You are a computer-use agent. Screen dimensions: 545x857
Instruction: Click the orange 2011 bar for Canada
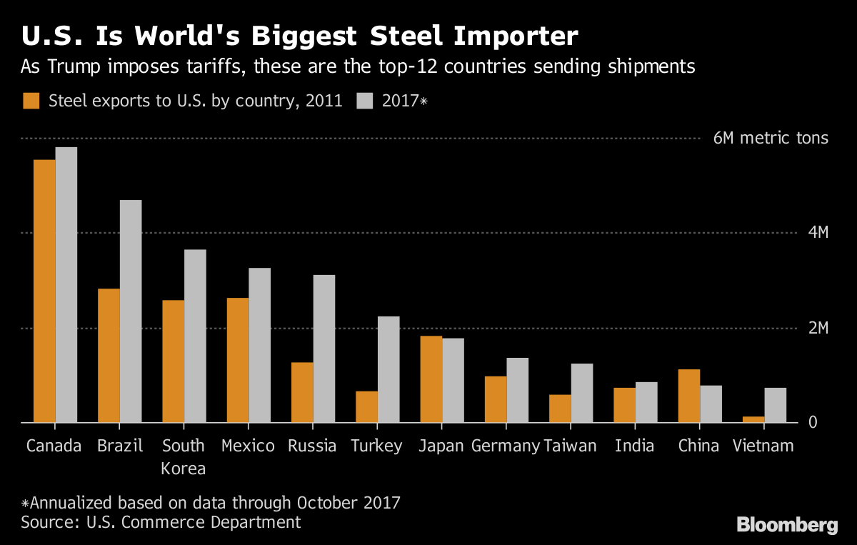coord(44,291)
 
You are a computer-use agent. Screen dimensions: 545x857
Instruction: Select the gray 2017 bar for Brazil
coord(131,311)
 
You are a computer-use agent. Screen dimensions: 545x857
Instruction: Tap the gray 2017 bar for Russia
coord(324,349)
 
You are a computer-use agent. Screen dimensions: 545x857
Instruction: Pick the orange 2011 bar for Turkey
coord(366,406)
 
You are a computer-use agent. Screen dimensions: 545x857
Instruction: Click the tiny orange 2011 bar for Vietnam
coord(753,419)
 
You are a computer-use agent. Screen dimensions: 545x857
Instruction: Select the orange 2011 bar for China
coord(688,396)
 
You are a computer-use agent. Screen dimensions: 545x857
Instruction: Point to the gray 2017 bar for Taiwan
coord(582,393)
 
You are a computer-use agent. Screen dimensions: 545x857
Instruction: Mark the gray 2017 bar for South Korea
coord(195,336)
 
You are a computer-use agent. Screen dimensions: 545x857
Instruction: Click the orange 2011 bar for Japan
coord(431,379)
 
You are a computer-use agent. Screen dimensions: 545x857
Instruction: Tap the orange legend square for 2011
coord(31,101)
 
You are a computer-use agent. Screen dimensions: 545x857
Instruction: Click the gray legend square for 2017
coord(365,101)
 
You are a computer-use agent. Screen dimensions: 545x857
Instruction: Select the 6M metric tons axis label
coord(771,138)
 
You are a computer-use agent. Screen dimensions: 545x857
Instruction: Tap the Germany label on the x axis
coord(505,446)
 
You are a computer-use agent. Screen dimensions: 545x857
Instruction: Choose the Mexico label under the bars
coord(248,446)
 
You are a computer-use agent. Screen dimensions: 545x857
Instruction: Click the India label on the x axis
coord(634,446)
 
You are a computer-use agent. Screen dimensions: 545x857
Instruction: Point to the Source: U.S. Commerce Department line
coord(161,522)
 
